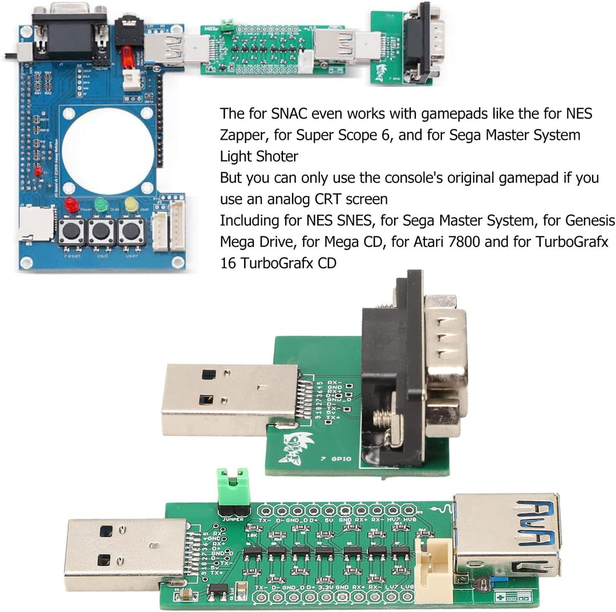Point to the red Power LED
click(71, 204)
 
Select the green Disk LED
click(102, 204)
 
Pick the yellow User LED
click(132, 204)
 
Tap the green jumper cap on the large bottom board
click(234, 483)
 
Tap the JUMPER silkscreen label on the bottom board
click(234, 520)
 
